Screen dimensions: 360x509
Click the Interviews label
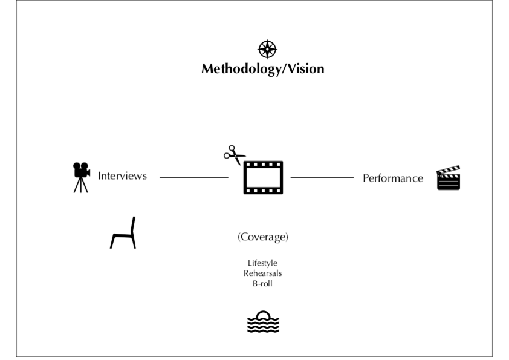click(x=122, y=177)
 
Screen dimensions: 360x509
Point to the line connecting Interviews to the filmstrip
click(x=193, y=178)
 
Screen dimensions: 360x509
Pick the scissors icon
click(x=234, y=155)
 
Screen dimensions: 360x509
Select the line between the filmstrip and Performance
click(x=322, y=178)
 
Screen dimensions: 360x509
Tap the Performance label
click(x=393, y=178)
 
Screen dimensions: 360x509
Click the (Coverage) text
click(x=263, y=237)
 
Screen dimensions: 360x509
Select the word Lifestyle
click(x=263, y=263)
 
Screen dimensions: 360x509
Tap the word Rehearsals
click(x=263, y=273)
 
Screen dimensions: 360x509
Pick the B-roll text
click(x=263, y=283)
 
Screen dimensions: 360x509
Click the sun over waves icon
click(x=263, y=322)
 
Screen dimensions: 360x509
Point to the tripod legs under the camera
click(x=81, y=185)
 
